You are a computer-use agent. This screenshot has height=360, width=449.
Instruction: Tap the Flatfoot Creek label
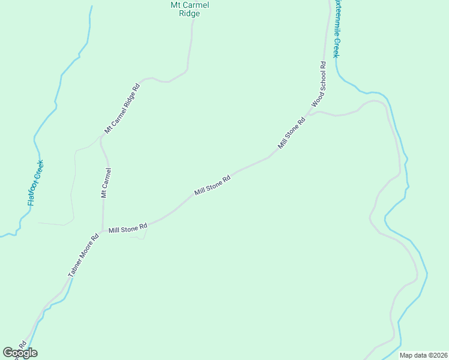point(35,182)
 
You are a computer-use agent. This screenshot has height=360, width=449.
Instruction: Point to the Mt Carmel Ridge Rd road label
point(122,108)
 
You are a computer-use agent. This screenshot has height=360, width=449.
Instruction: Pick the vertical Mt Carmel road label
point(106,182)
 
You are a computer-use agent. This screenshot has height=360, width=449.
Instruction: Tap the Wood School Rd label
point(319,84)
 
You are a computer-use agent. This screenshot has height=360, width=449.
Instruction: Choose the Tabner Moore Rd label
point(83,255)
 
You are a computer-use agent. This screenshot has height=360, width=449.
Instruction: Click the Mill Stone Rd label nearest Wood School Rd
point(292,133)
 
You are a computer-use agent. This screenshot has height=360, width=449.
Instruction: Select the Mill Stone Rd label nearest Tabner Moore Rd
point(128,229)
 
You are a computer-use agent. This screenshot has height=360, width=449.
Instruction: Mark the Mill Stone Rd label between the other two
point(212,185)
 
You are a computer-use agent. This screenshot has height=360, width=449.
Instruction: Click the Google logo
point(20,353)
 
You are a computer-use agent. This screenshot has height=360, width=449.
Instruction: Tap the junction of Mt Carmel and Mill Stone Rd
point(102,232)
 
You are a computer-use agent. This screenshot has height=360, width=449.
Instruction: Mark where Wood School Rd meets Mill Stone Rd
point(309,113)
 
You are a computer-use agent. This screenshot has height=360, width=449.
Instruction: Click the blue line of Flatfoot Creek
point(59,90)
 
